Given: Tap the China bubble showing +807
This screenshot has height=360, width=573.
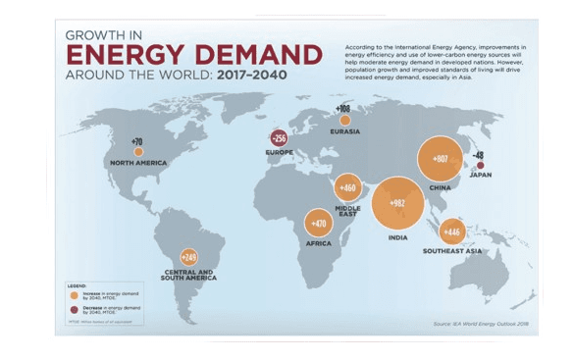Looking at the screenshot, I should (440, 160).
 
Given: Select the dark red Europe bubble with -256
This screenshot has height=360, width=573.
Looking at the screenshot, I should (279, 140).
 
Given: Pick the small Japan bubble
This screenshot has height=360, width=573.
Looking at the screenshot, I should (480, 166).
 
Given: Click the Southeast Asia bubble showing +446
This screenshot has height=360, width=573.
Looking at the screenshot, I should (452, 232).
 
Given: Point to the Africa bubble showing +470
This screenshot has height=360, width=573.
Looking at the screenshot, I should (319, 224).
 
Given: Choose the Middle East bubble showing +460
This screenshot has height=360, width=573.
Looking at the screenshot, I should (348, 187).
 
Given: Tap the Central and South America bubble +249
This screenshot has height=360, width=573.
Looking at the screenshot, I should (188, 257).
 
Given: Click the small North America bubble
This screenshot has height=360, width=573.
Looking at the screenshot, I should (138, 152).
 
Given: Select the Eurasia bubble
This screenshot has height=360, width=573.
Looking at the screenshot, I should (344, 120).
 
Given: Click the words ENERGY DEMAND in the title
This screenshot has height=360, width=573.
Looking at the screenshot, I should (193, 53).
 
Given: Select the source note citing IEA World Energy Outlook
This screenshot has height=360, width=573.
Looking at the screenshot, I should (480, 322).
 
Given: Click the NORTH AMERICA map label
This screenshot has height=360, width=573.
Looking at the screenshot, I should (138, 163).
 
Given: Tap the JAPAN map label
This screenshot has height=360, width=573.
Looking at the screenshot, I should (480, 177).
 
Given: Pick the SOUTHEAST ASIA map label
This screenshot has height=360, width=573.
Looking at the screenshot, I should (452, 251).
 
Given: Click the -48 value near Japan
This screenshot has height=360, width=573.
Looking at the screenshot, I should (479, 155).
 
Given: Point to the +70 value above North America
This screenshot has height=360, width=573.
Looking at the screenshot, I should (136, 141).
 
